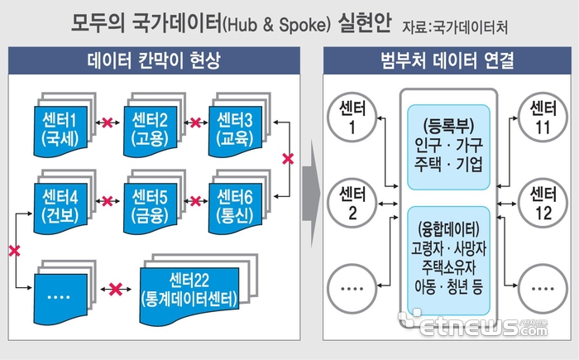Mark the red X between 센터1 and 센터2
tap(108, 122)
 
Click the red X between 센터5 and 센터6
tap(195, 201)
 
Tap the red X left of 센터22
tap(116, 289)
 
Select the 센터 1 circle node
tap(352, 118)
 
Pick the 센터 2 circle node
tap(352, 204)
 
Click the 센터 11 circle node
tap(543, 118)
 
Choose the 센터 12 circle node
tap(543, 204)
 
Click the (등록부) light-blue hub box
tap(448, 147)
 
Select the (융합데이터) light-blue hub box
tap(448, 261)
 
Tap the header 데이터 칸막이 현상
tap(154, 60)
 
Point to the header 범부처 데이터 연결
tap(447, 60)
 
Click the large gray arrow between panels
tap(311, 194)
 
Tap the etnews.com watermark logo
tap(473, 323)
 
